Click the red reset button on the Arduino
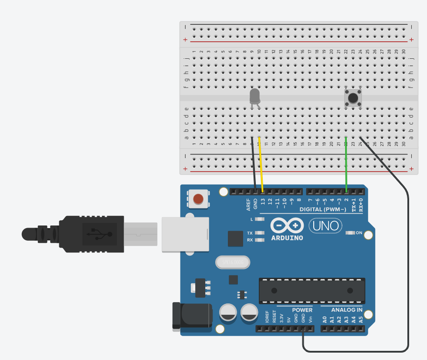click(x=198, y=199)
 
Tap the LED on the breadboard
click(x=255, y=96)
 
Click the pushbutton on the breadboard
click(x=353, y=98)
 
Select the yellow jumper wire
click(x=261, y=163)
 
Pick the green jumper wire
click(x=346, y=165)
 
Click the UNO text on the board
click(x=325, y=225)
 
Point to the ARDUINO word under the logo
click(x=287, y=238)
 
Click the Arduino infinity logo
click(x=287, y=225)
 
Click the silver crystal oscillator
click(x=233, y=262)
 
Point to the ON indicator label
click(x=359, y=233)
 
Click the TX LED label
click(x=250, y=233)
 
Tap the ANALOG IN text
click(x=346, y=310)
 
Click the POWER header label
click(x=302, y=310)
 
